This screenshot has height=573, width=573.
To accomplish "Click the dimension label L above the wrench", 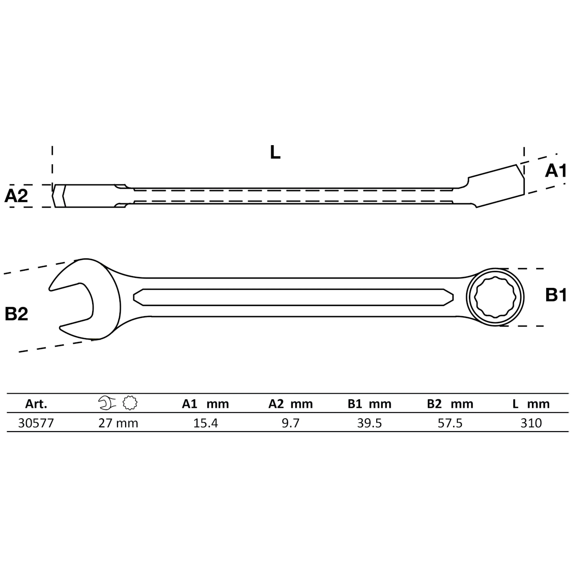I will (275, 152).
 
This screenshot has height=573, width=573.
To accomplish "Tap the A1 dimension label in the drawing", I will (555, 170).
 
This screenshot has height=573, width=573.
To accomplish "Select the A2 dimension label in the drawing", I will (17, 196).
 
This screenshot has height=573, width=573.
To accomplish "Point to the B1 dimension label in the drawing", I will (555, 296).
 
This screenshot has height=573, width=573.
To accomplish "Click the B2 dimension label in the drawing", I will (17, 314).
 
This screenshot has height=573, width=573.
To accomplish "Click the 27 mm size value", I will (118, 423).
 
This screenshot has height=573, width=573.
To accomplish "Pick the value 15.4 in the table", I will (206, 423).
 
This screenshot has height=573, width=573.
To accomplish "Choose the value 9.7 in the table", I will (290, 423).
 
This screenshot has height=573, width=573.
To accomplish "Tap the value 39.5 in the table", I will (370, 423).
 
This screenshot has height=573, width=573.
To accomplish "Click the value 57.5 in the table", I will (450, 423).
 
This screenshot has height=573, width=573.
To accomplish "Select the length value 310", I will (531, 423).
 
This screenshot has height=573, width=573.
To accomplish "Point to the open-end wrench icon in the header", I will (107, 403).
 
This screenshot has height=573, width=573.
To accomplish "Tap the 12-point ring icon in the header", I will (129, 403).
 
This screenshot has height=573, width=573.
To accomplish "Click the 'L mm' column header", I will (531, 404).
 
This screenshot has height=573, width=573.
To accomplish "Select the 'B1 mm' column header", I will (369, 404).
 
